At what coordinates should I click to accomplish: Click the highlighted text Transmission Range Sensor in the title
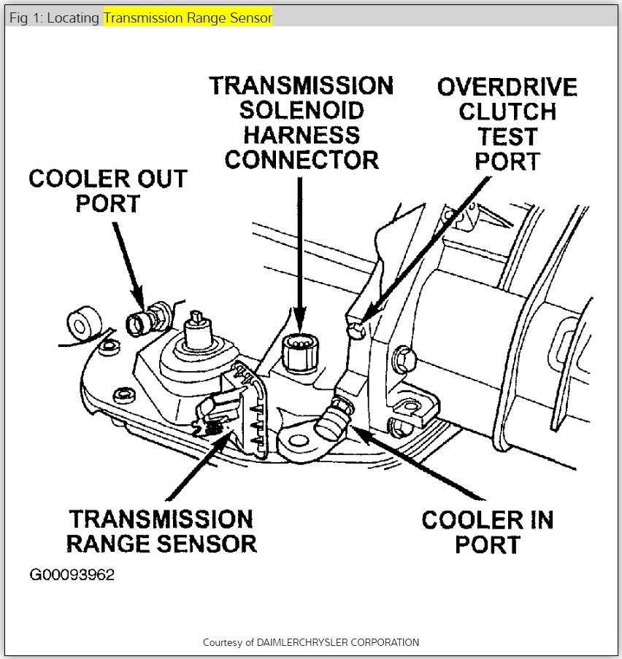[188, 17]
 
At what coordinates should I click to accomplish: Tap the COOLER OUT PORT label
[107, 190]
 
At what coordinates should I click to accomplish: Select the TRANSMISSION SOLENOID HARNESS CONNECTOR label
[301, 122]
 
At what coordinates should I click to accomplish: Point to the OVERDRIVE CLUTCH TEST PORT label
[507, 124]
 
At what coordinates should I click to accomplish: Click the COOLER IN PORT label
[488, 531]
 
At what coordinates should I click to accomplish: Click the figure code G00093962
[72, 574]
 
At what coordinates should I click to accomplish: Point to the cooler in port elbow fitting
[332, 419]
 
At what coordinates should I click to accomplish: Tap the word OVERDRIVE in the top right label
[507, 87]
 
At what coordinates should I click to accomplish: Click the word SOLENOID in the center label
[300, 111]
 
